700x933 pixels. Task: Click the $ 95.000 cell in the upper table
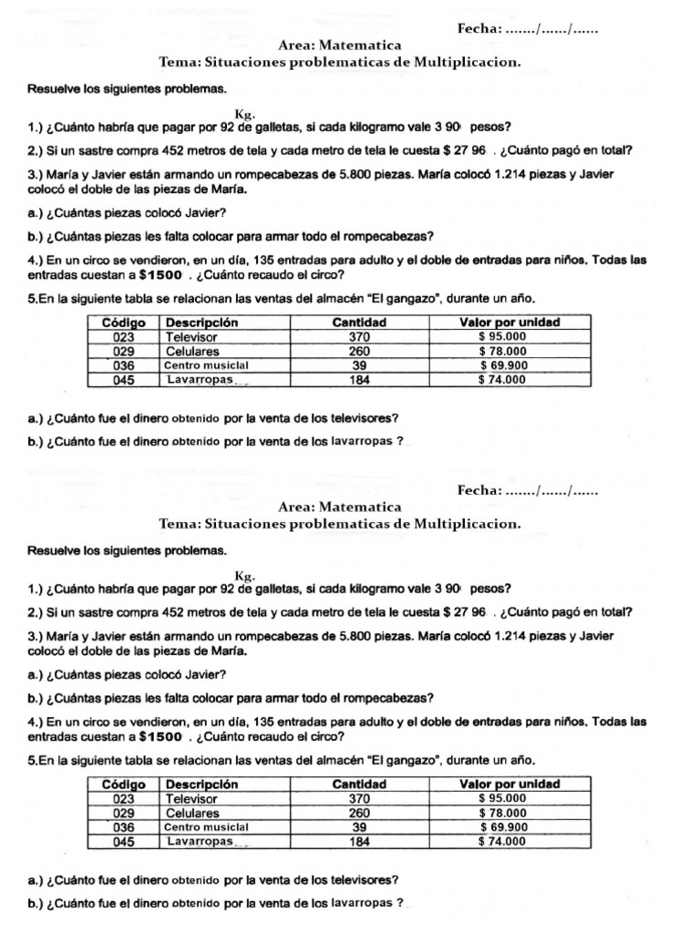tap(502, 336)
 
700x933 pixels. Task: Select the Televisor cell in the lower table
tap(192, 798)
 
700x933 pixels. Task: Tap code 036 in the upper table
tap(124, 365)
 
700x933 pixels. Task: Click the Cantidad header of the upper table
tap(359, 323)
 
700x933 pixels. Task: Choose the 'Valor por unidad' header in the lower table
tap(509, 784)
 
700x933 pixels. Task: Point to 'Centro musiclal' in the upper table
tap(206, 365)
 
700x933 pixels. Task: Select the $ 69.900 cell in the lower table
tap(502, 827)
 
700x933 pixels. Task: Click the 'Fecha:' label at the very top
tap(479, 29)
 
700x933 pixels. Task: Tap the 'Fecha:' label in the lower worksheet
tap(479, 491)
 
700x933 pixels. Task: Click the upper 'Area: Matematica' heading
tap(339, 45)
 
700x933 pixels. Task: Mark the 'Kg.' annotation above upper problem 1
tap(244, 114)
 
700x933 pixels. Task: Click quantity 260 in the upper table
tap(359, 351)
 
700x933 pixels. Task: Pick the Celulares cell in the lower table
tap(192, 813)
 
